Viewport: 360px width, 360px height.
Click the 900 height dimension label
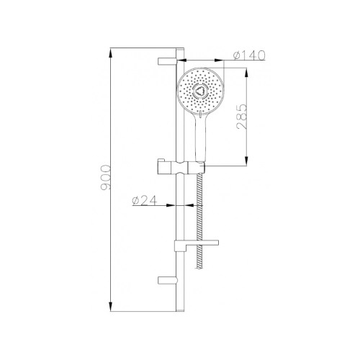(x=106, y=177)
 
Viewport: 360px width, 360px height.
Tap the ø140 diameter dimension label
(x=249, y=55)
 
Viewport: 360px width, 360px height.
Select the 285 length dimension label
(x=241, y=117)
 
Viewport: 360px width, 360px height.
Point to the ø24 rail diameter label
(x=145, y=200)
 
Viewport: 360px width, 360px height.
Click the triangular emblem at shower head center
(x=199, y=91)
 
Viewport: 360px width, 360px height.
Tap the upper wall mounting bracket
(x=167, y=61)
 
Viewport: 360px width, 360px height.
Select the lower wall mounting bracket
(x=168, y=280)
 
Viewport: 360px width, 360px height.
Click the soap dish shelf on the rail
(x=197, y=244)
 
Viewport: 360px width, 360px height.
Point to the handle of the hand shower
(x=201, y=138)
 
